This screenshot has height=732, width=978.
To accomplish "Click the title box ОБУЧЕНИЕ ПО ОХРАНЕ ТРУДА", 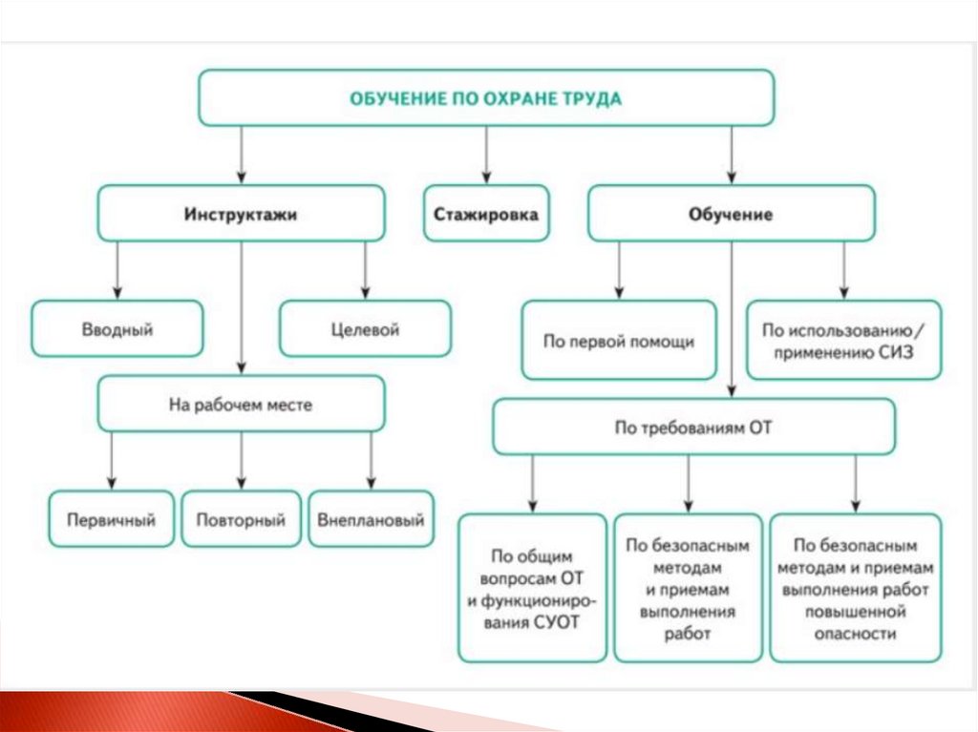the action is [485, 98].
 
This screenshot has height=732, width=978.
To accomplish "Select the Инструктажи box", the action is [241, 214].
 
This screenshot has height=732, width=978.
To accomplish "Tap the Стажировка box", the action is [486, 214].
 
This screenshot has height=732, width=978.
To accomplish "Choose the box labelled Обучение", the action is [731, 214].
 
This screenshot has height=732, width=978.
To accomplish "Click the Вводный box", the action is [117, 329].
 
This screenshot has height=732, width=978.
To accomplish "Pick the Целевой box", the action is [365, 329].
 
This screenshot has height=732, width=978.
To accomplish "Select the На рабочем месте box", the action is [241, 404].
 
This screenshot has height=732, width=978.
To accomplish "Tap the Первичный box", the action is [112, 519].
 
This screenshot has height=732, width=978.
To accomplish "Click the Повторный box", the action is [241, 519].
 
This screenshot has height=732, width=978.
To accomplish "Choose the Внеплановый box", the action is [371, 519].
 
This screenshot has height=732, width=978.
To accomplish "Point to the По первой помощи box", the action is [619, 341].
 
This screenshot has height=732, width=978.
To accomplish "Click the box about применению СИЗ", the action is [843, 341].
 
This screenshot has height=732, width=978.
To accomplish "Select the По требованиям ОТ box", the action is [693, 428].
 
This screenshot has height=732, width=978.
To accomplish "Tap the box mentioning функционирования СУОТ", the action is [532, 588].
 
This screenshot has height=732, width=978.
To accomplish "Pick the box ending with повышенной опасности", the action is [855, 588].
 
